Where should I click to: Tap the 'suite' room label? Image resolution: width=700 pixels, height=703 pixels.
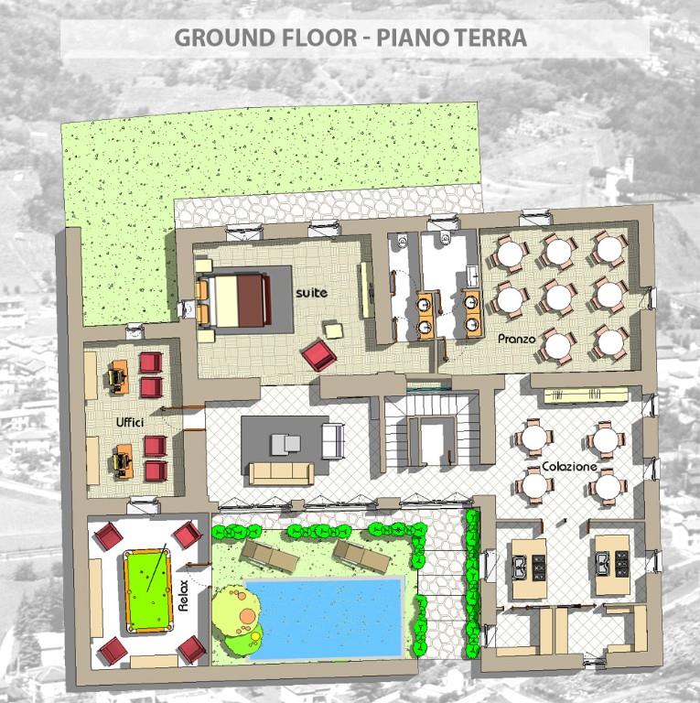pyautogui.click(x=311, y=293)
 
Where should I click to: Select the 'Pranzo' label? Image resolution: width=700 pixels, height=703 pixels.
pyautogui.click(x=517, y=339)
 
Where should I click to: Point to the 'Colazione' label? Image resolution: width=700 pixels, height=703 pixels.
pyautogui.click(x=569, y=467)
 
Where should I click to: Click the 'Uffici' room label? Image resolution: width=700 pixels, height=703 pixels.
pyautogui.click(x=130, y=422)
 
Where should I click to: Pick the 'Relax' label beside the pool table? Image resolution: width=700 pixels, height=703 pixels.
pyautogui.click(x=183, y=596)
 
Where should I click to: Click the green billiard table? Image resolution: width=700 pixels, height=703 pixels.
pyautogui.click(x=148, y=591)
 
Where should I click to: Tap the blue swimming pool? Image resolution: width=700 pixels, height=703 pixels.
pyautogui.click(x=325, y=617)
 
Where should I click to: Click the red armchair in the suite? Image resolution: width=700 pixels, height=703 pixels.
pyautogui.click(x=318, y=355)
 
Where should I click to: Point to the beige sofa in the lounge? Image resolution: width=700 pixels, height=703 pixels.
pyautogui.click(x=282, y=473)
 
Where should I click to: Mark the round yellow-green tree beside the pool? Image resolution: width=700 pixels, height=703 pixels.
pyautogui.click(x=237, y=611)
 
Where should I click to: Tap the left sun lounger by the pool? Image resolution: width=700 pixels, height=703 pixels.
pyautogui.click(x=270, y=555)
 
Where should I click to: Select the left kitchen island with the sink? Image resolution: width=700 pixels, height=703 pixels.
pyautogui.click(x=529, y=569)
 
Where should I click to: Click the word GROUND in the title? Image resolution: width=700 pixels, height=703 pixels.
pyautogui.click(x=225, y=38)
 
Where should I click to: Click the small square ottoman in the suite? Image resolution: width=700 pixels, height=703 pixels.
pyautogui.click(x=334, y=330)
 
